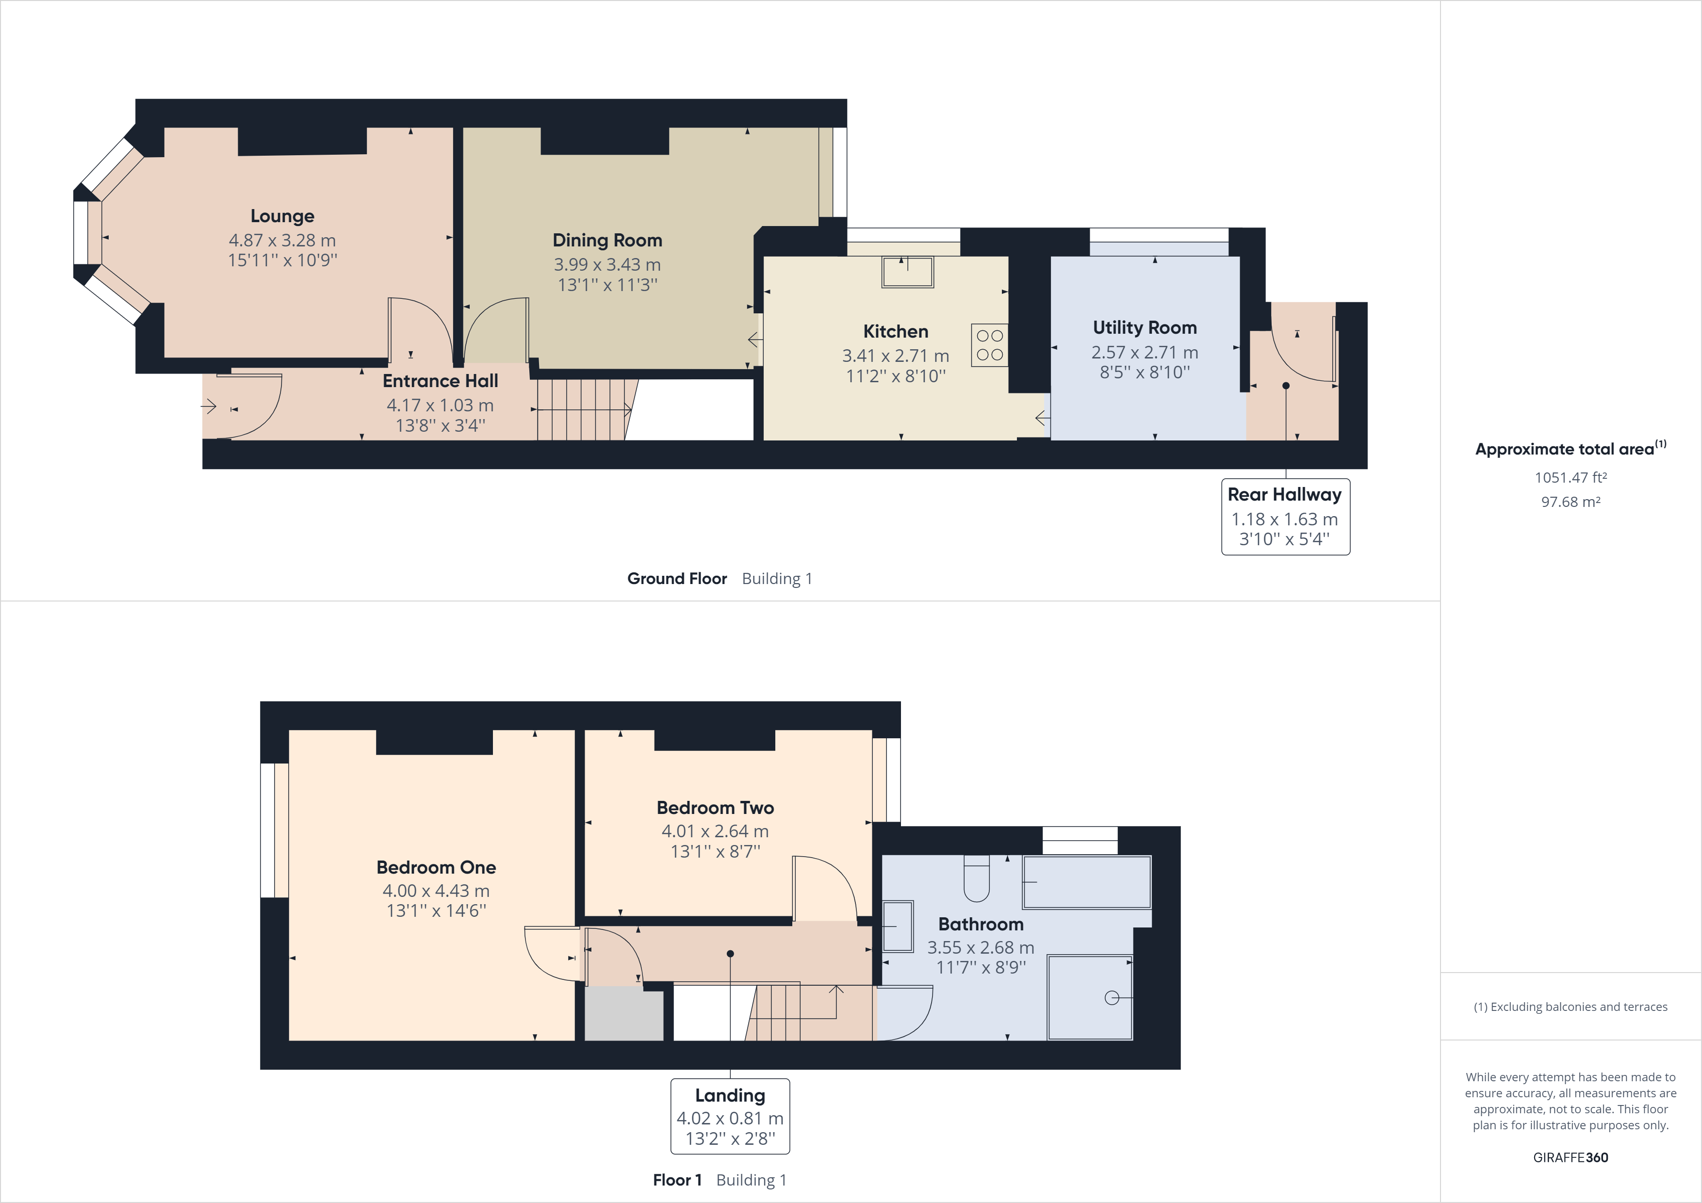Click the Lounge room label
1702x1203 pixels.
(282, 216)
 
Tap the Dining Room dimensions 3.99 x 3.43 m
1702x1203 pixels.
(606, 265)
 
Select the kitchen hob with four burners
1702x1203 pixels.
(989, 345)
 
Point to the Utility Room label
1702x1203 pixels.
(1144, 327)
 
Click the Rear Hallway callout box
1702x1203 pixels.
(1285, 517)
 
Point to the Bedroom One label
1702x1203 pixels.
(436, 867)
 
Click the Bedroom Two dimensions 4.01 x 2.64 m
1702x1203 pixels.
(715, 831)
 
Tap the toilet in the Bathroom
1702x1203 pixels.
(976, 879)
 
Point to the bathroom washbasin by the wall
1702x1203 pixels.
(898, 926)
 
